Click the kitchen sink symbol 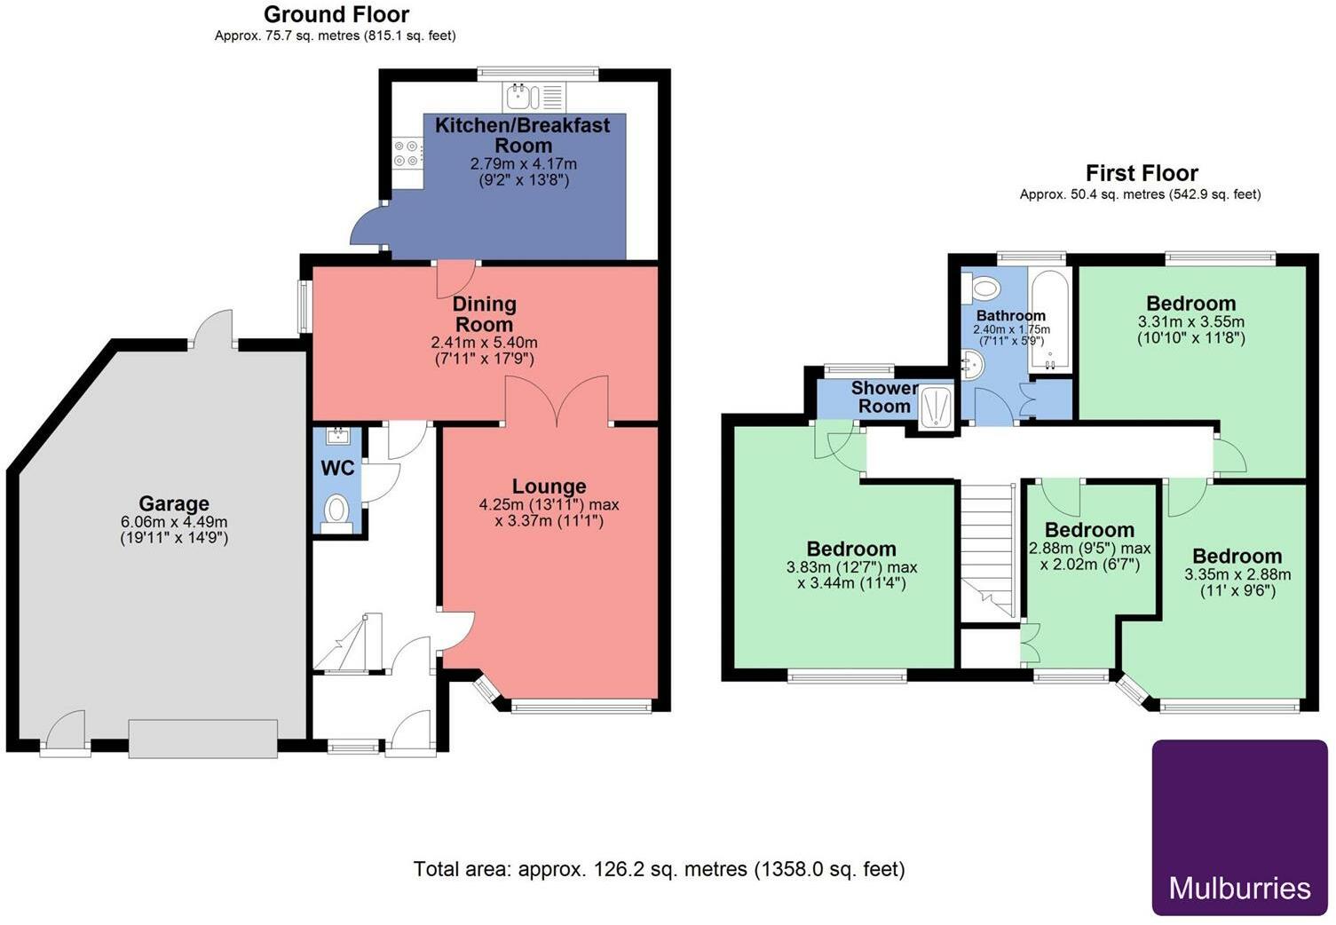tap(534, 98)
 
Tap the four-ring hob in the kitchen tap(407, 153)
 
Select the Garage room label tap(174, 503)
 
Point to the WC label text tap(337, 468)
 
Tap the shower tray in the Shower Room tap(937, 407)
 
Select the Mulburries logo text tap(1239, 888)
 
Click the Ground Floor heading tap(336, 14)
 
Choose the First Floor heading tap(1142, 173)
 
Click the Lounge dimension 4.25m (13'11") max tap(549, 504)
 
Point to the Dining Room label tap(485, 313)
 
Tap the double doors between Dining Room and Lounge tap(557, 399)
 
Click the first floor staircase tap(988, 551)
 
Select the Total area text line tap(659, 869)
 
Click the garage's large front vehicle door tap(202, 739)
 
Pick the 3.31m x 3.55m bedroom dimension tap(1191, 322)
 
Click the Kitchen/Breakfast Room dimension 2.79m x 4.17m tap(524, 163)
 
